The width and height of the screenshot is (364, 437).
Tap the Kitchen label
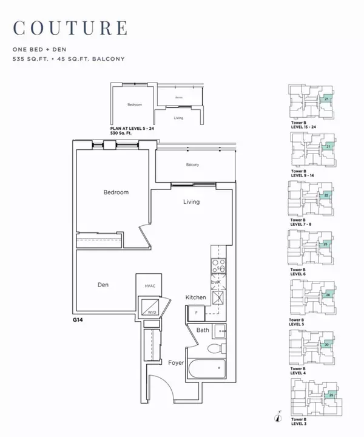(197, 298)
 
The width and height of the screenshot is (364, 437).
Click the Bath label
(203, 330)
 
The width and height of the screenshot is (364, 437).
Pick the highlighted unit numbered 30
(326, 344)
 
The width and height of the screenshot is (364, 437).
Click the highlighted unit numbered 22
(326, 195)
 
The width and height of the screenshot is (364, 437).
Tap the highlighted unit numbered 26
(328, 295)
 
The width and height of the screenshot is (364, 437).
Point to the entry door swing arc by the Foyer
(156, 388)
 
